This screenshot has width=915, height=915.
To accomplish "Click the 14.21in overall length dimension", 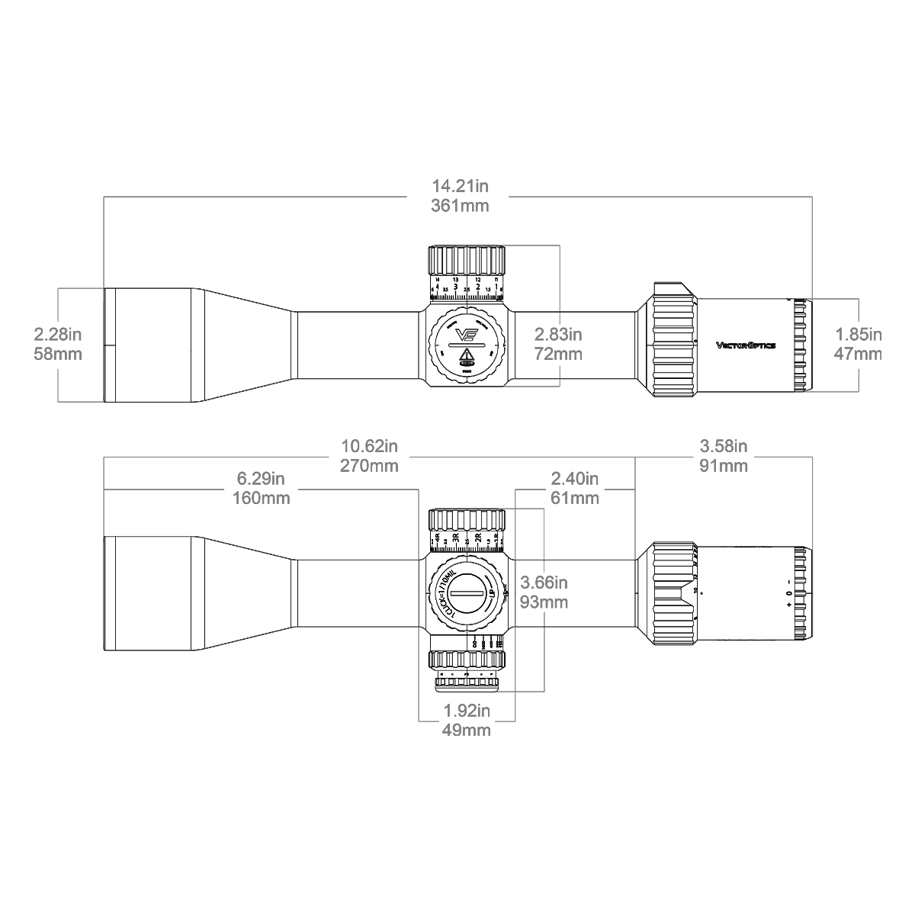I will pos(460,186).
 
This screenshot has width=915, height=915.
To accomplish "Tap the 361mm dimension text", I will pos(460,206).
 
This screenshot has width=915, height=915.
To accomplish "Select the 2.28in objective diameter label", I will pos(58,334).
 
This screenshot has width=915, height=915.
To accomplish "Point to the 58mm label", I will pos(58,354).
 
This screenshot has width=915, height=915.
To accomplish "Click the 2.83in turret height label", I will pos(558,334).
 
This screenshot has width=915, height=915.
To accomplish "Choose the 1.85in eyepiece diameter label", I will pos(859,334).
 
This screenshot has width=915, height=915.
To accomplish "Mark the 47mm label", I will pos(859,354).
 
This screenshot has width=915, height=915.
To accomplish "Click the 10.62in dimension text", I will pos(369,446).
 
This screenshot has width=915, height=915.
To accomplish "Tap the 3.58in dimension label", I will pos(724,446).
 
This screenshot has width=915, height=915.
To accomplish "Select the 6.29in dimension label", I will pos(261,479).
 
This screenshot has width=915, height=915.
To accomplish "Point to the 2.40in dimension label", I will pos(575,479).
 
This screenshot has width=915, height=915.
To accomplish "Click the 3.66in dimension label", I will pos(544,583).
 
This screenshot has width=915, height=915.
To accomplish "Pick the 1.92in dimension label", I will pos(466,711).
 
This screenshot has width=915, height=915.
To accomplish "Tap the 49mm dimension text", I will pos(466,730).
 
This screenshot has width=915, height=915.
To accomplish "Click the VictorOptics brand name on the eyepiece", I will pos(746,345).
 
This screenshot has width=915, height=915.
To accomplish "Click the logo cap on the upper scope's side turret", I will pos(465,345).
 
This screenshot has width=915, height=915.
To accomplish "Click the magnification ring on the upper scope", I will pos(674,339).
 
